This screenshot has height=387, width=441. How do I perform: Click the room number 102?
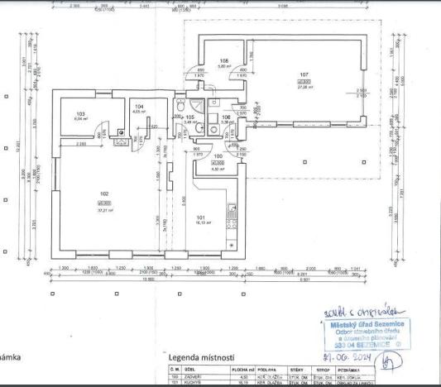tap(103, 194)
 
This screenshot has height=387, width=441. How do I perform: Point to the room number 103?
tap(80, 113)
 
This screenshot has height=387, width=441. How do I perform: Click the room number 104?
tap(139, 107)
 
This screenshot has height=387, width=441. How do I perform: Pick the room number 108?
tap(223, 61)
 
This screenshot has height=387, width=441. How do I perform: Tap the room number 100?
tap(218, 155)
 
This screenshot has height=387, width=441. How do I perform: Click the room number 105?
tap(189, 117)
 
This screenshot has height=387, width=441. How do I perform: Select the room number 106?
tap(226, 117)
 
